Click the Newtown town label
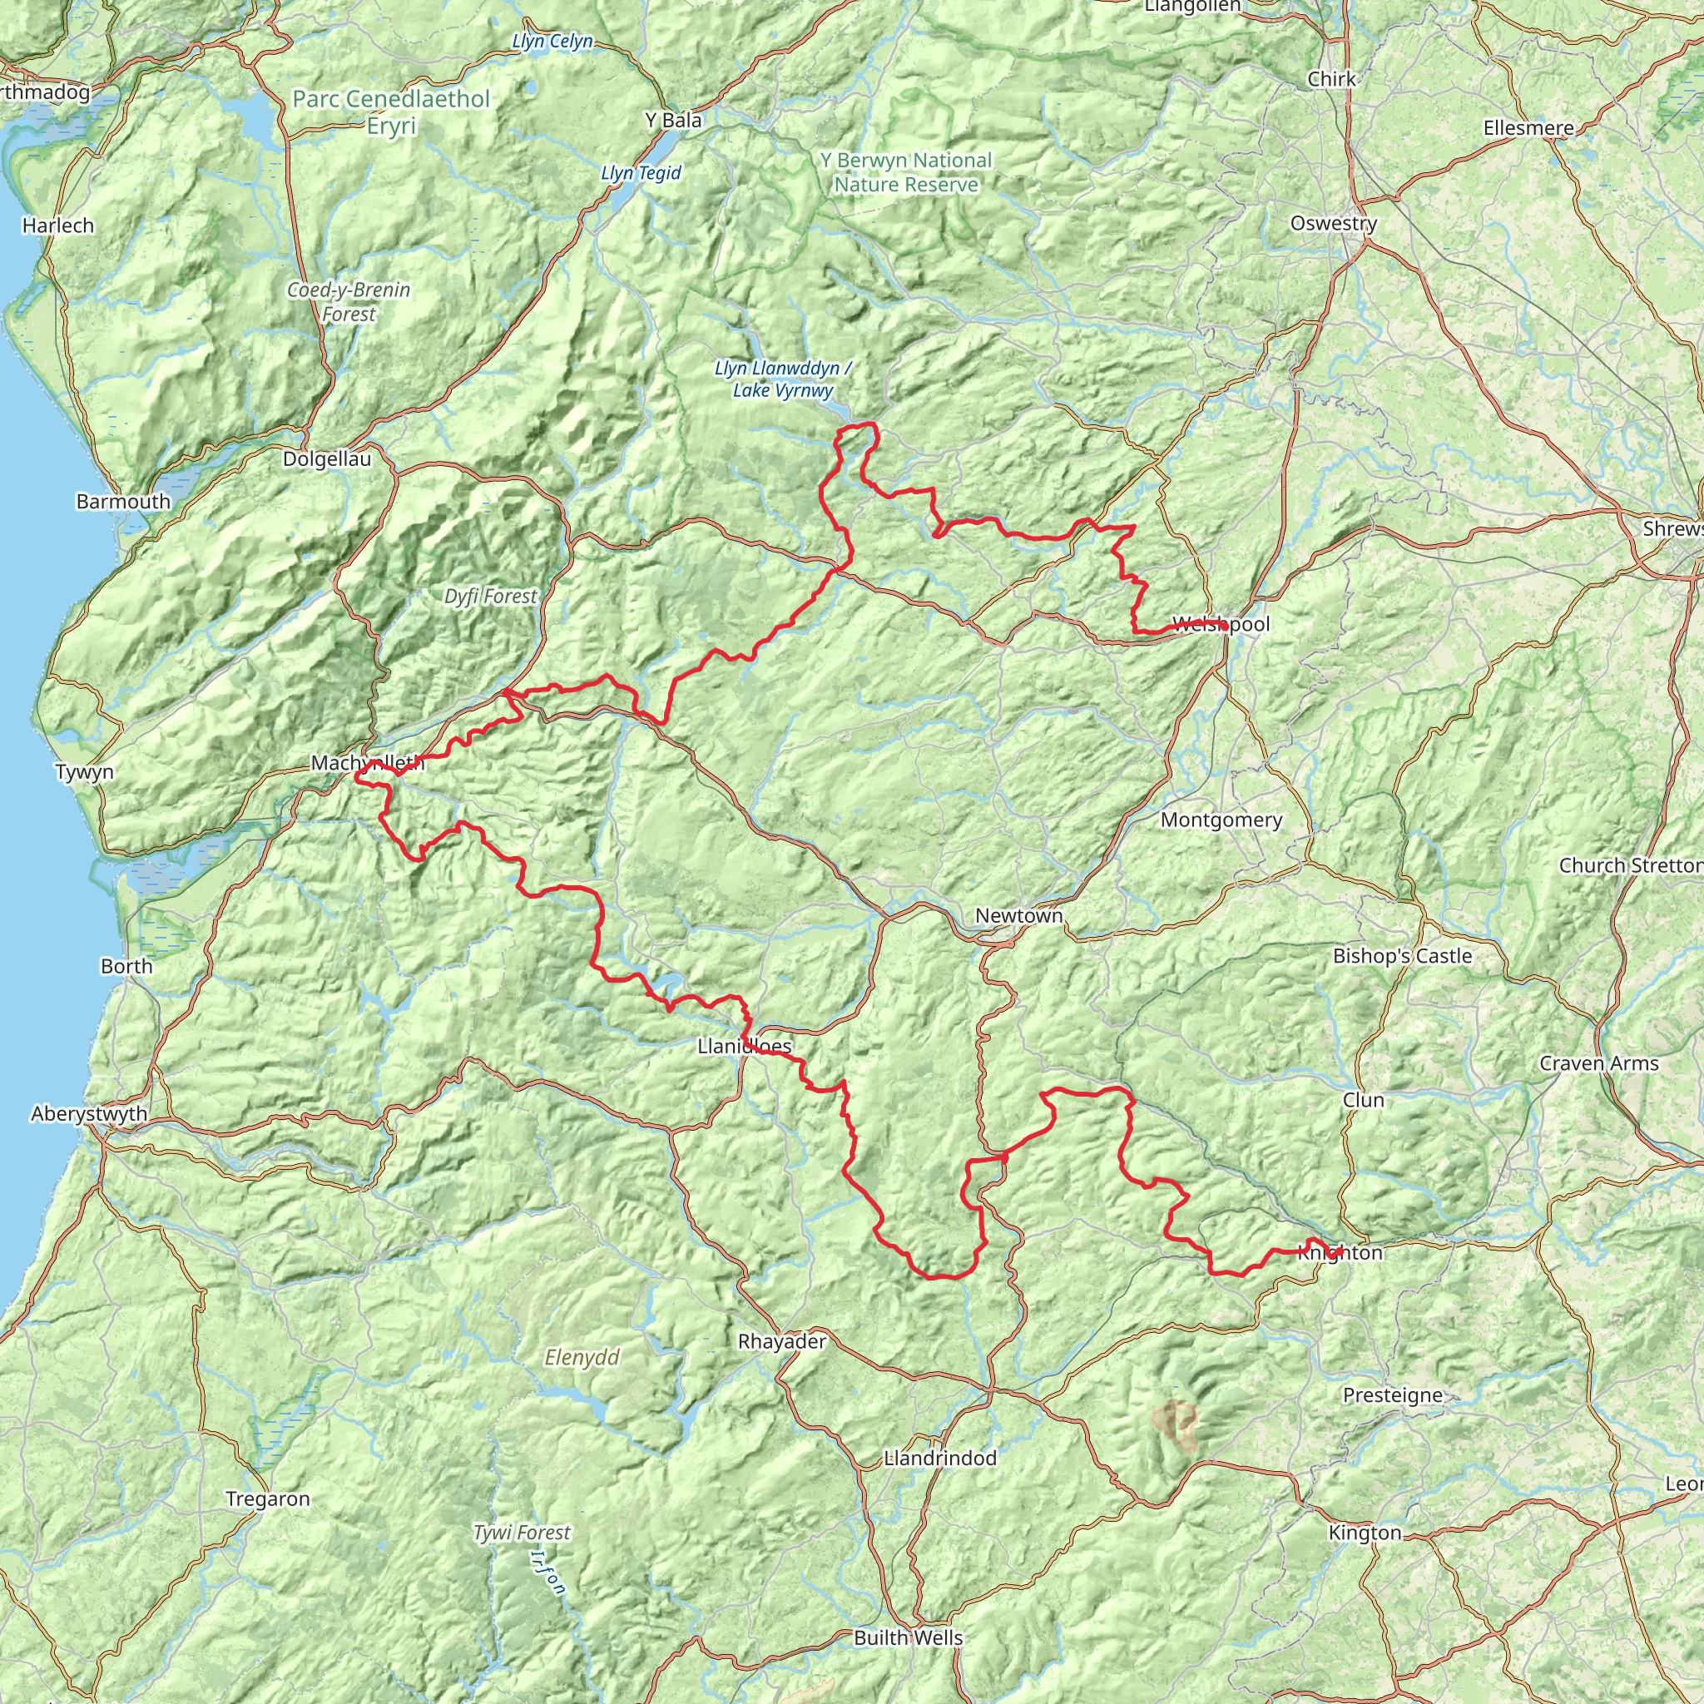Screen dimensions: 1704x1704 [1018, 915]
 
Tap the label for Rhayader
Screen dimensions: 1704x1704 [781, 1341]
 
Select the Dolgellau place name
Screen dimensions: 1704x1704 [326, 458]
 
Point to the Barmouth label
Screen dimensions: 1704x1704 [122, 501]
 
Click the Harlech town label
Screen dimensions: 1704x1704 [58, 225]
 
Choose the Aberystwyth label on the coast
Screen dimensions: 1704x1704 [88, 1113]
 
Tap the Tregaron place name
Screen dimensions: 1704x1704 [267, 1498]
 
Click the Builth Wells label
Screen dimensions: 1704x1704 [908, 1637]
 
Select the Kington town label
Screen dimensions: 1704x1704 [1365, 1532]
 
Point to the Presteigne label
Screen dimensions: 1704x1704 [1393, 1394]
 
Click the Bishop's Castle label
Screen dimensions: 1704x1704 [1401, 955]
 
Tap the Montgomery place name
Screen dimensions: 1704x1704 [1221, 820]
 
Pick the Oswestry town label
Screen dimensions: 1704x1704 [1333, 223]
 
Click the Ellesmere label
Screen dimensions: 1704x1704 [1528, 128]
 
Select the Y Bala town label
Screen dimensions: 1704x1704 [673, 120]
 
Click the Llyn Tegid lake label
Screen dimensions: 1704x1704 [641, 173]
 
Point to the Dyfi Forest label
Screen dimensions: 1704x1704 [489, 597]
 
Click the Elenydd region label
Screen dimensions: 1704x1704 [582, 1356]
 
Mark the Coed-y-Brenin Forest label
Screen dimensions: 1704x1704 [349, 302]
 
